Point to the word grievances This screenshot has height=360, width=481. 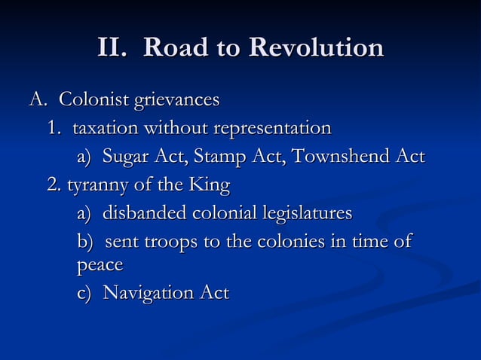tap(176, 100)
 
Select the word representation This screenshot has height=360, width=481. tap(272, 129)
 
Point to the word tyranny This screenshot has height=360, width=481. tap(99, 185)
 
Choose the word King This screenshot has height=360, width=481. tap(210, 185)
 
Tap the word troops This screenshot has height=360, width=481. tap(166, 243)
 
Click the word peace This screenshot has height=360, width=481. tap(100, 266)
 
